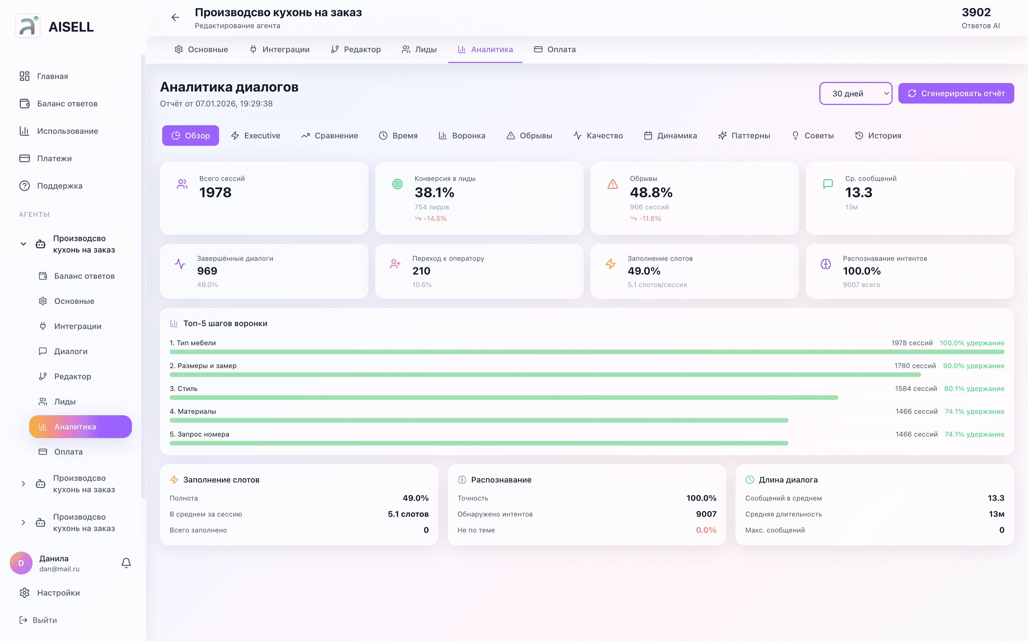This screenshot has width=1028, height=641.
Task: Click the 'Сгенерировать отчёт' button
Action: click(956, 93)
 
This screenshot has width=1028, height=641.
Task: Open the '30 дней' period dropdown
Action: click(856, 93)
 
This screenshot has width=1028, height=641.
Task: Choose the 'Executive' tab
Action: click(256, 136)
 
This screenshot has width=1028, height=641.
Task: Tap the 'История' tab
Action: click(878, 136)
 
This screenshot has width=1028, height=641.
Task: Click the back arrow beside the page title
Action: click(175, 17)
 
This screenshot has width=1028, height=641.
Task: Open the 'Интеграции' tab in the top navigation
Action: click(280, 50)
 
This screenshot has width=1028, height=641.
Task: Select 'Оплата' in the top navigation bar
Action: click(555, 50)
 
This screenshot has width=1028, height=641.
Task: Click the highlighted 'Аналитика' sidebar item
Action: click(81, 426)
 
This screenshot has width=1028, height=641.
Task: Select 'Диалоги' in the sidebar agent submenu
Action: click(71, 351)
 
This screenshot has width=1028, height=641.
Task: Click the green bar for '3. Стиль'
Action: click(504, 398)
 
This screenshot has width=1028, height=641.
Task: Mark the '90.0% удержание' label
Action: click(973, 366)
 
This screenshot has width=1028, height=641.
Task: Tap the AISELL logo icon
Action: click(28, 26)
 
